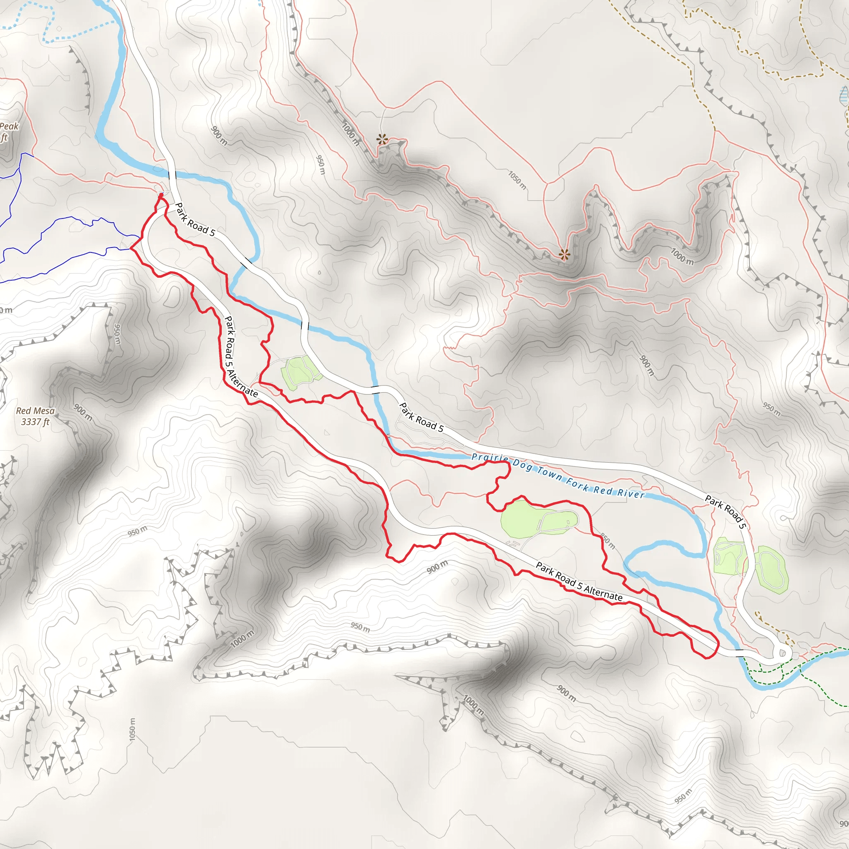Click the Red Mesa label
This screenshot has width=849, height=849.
(35, 411)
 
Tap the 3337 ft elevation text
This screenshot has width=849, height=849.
(35, 422)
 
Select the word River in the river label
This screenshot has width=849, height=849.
(631, 493)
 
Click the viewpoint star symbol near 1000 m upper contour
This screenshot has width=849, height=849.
(382, 140)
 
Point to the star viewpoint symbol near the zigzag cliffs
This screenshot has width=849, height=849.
(564, 254)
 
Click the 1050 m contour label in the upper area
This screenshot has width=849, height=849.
(517, 180)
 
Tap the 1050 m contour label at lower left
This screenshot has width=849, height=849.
(133, 730)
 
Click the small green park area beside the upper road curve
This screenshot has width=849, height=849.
(300, 373)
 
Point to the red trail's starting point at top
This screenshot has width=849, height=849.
(161, 194)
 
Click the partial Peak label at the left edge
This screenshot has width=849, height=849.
(9, 126)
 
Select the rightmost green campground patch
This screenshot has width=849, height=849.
(771, 570)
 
